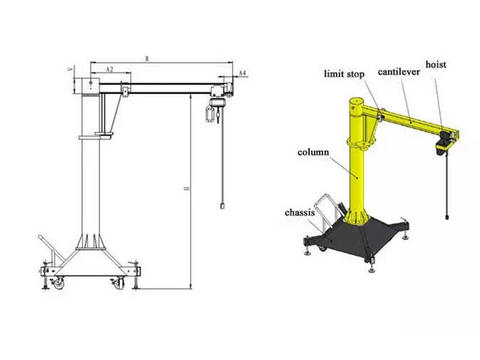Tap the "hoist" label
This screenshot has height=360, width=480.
[x=436, y=64]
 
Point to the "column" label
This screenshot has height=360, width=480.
[x=313, y=152]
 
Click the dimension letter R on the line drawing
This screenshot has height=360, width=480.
[x=147, y=58]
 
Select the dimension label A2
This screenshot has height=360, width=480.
[x=110, y=70]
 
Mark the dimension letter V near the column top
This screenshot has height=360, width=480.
[x=71, y=70]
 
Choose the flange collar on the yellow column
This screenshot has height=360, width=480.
[x=360, y=143]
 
